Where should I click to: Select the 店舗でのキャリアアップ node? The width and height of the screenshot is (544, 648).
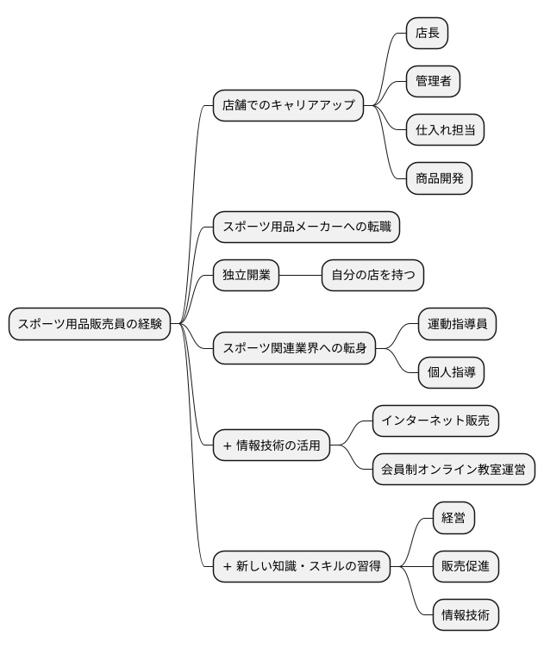288,106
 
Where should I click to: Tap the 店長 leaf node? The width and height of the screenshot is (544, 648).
428,33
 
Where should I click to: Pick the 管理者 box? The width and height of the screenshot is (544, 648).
433,82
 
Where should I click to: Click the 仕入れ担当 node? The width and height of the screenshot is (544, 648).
445,130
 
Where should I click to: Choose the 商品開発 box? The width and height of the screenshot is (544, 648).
439,179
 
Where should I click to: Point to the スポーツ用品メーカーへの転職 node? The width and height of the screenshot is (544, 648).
307,227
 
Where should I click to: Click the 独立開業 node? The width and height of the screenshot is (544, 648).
246,276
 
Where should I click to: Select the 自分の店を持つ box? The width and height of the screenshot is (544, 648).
372,276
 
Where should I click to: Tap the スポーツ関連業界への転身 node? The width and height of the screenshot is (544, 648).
294,349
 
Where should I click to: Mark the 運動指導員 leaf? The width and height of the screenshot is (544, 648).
457,325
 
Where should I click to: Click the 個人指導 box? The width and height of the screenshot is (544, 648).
451,373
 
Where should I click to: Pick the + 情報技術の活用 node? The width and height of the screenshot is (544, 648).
271,446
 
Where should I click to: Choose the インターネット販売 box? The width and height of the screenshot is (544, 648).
435,422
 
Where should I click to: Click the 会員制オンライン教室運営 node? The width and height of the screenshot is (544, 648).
453,470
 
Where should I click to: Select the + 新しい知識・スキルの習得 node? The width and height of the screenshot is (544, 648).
300,567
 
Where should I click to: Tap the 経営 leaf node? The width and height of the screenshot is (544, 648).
453,519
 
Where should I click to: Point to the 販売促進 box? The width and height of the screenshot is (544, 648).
466,567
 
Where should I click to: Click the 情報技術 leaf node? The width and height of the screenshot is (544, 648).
466,615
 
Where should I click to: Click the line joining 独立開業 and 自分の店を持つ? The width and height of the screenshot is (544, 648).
299,276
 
